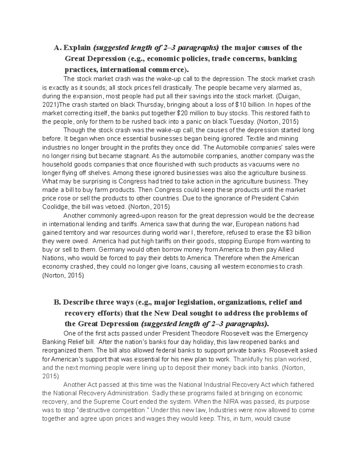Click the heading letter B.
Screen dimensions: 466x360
tap(57, 302)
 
